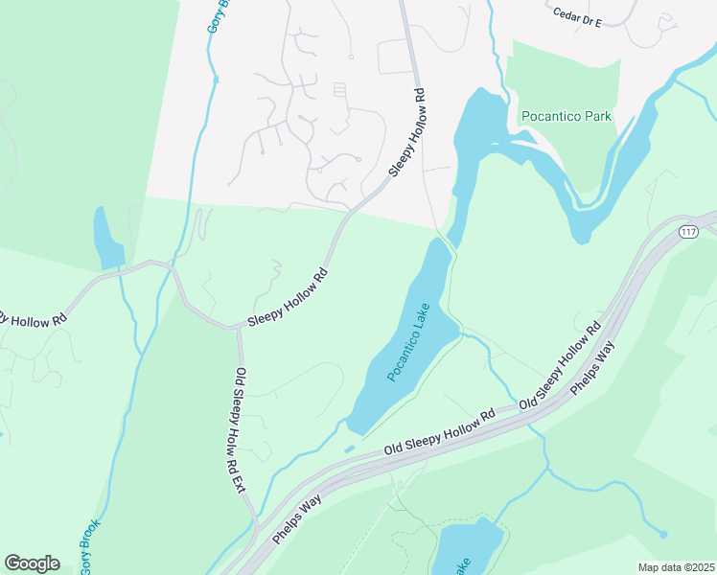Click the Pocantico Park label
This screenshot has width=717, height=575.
(x=566, y=117)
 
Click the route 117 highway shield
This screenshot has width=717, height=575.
(x=688, y=233)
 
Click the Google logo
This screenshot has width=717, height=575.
(x=32, y=563)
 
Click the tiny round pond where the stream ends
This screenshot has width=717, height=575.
(x=663, y=533)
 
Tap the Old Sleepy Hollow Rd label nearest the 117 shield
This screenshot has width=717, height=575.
(x=561, y=362)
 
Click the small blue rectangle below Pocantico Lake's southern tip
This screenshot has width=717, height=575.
(x=348, y=448)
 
